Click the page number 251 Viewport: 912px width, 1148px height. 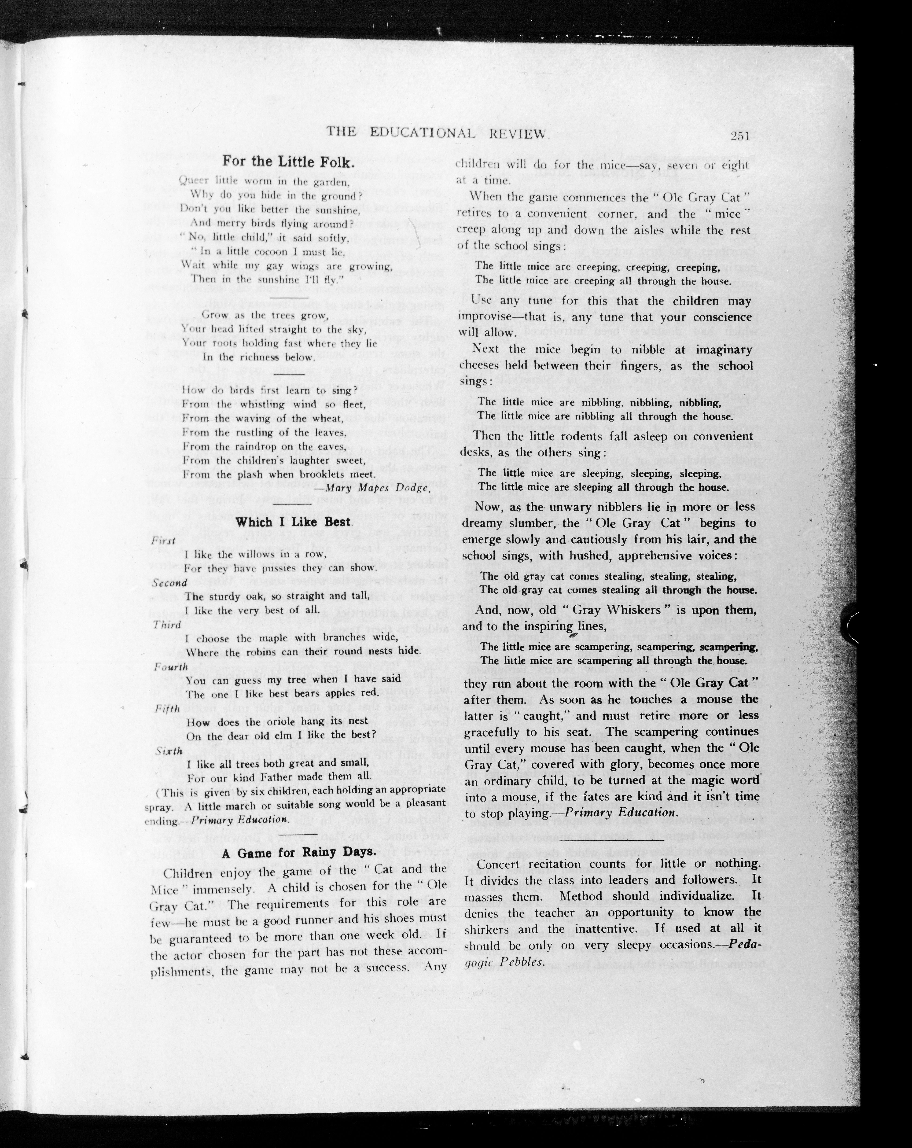pos(740,136)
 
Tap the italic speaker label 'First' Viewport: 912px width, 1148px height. pos(163,541)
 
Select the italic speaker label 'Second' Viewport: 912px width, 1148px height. pos(169,582)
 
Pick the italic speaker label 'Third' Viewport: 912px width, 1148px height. pos(167,625)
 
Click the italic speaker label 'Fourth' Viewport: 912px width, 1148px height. pos(170,667)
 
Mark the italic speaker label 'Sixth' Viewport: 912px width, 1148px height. pos(168,751)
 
